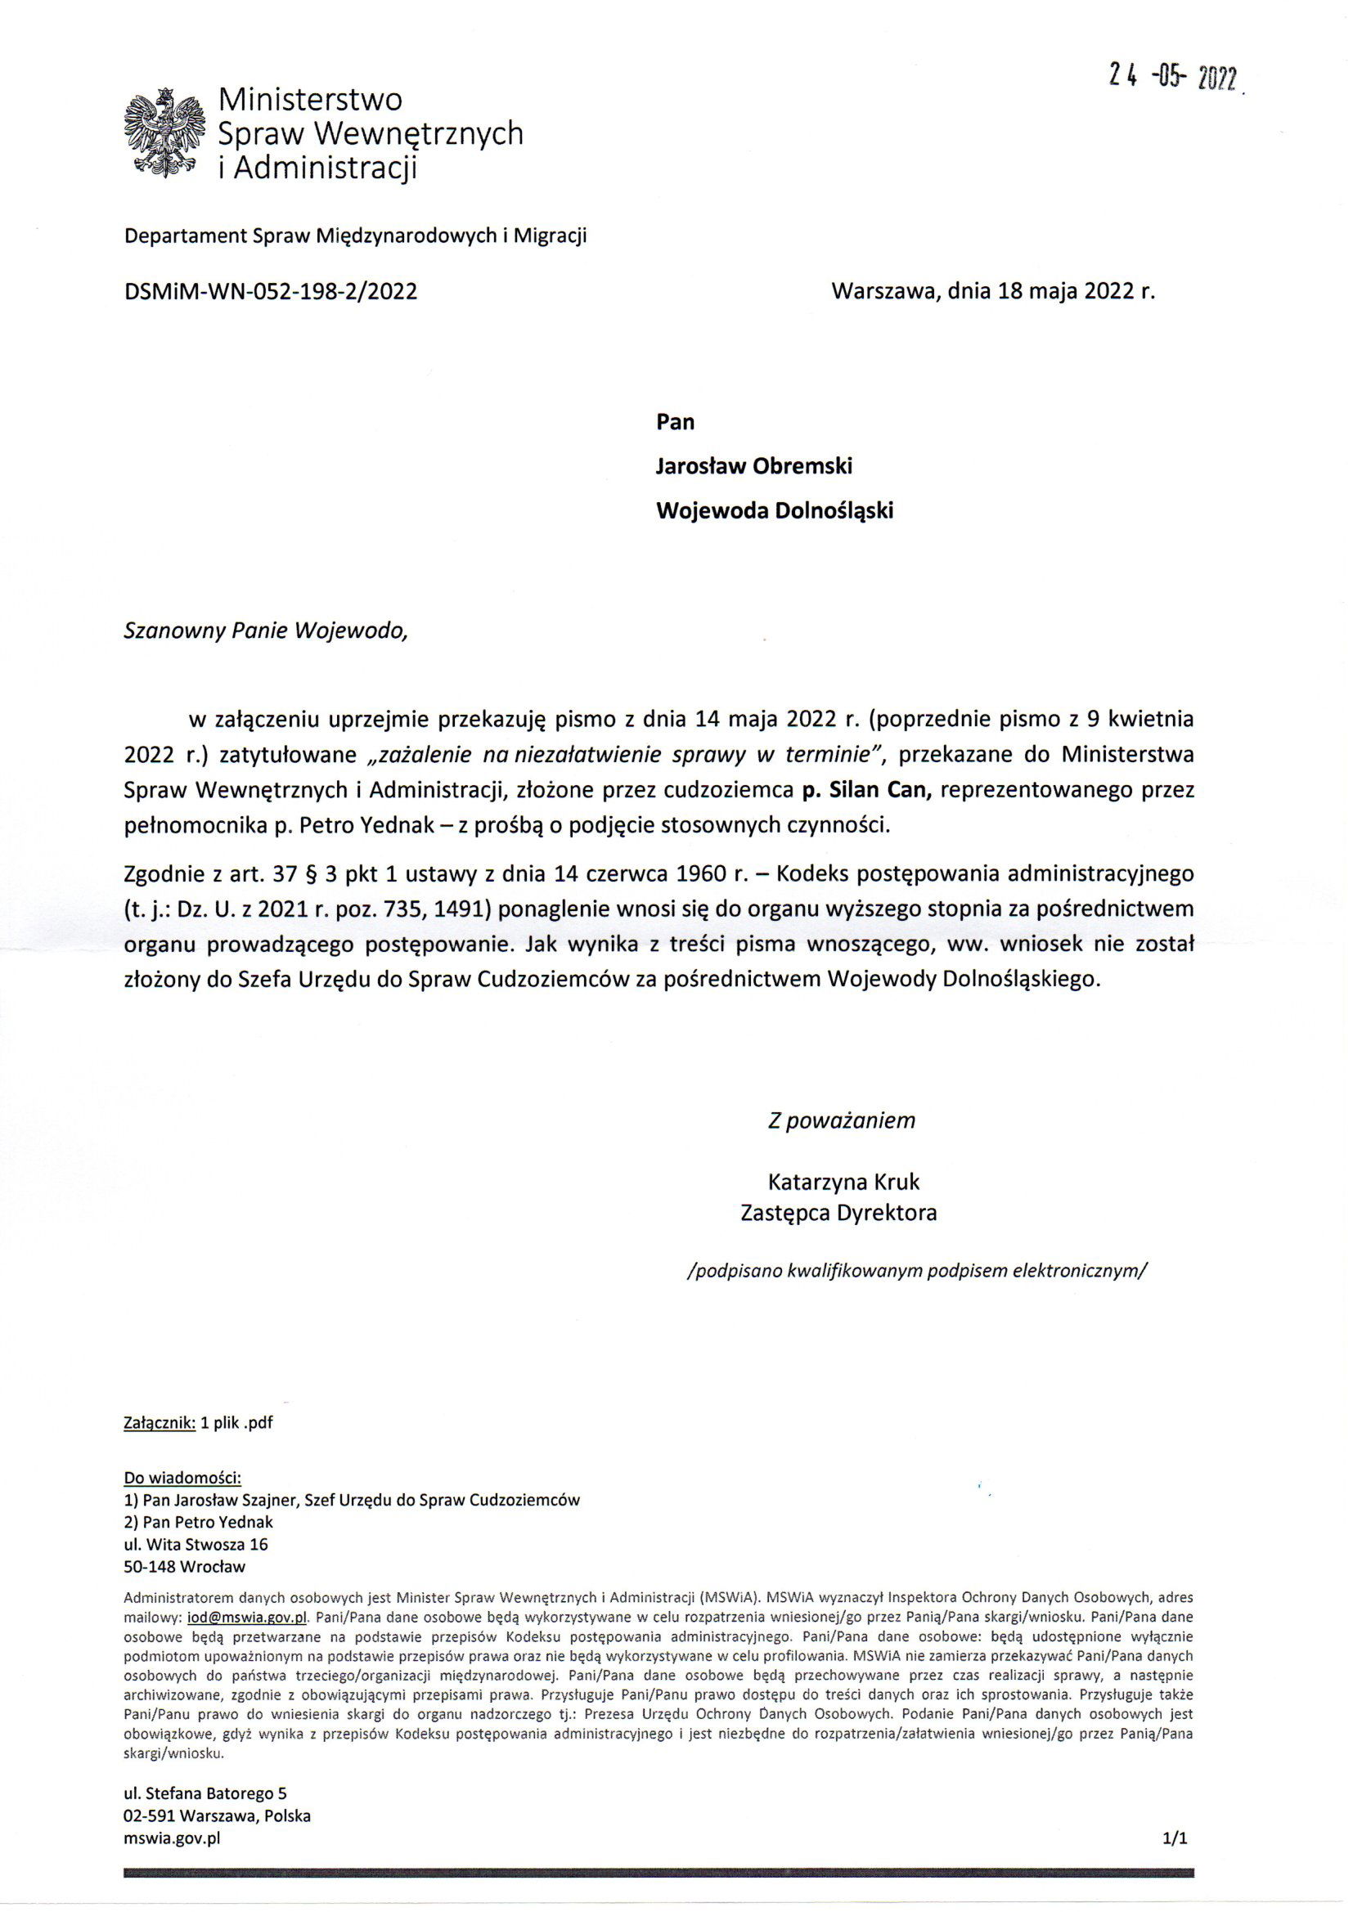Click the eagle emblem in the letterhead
point(164,133)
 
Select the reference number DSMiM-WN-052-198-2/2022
point(271,291)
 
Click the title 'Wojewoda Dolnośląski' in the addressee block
point(774,510)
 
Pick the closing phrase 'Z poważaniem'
point(841,1120)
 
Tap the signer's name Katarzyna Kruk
point(843,1182)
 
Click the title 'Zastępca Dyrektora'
point(838,1213)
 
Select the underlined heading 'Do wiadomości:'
point(182,1478)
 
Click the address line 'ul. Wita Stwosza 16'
point(196,1544)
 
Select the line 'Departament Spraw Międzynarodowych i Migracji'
point(355,236)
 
